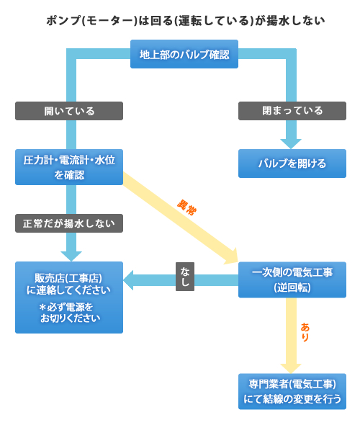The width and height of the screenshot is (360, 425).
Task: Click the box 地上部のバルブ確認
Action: (184, 54)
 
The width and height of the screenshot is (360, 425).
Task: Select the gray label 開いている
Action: (69, 111)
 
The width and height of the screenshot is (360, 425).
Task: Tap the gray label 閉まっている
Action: (292, 111)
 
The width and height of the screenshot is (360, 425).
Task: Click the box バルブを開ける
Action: (292, 164)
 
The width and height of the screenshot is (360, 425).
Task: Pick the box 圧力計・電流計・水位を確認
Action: (69, 167)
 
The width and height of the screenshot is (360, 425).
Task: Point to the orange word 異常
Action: (186, 207)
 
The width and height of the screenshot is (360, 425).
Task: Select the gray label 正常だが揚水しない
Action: (69, 223)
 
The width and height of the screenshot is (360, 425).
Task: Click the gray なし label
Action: (185, 277)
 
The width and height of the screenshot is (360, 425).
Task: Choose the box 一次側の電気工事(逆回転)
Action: (292, 279)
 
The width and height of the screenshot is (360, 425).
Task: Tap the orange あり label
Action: (305, 332)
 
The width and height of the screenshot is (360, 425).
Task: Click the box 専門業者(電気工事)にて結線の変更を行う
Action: (292, 391)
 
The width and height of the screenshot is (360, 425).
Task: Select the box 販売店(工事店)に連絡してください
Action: (69, 297)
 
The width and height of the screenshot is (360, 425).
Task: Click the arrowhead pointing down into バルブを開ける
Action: (291, 143)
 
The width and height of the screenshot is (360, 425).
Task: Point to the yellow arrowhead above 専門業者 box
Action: (291, 369)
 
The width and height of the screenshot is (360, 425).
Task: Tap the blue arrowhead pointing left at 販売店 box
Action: (128, 280)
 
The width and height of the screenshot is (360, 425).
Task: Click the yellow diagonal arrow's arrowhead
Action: (233, 257)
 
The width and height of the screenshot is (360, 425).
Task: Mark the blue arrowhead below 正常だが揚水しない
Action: (71, 256)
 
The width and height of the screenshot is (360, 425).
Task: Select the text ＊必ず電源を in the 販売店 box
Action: (66, 307)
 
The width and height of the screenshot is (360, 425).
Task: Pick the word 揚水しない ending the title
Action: (295, 21)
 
